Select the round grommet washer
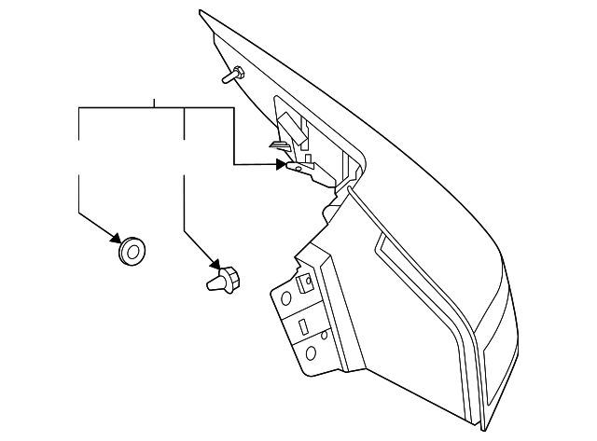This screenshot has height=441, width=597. coord(131,250)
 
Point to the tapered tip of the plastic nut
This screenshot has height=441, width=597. coord(211,283)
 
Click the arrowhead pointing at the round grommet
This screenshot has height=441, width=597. coord(118,238)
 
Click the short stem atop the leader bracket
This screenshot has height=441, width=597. coord(154,102)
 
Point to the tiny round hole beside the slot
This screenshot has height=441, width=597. coord(323,333)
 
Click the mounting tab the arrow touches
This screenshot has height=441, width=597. coord(297,169)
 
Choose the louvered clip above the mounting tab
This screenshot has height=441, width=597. coord(278,145)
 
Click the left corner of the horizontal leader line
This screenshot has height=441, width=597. coord(78,108)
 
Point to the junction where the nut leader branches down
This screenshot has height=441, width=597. coord(186,108)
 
